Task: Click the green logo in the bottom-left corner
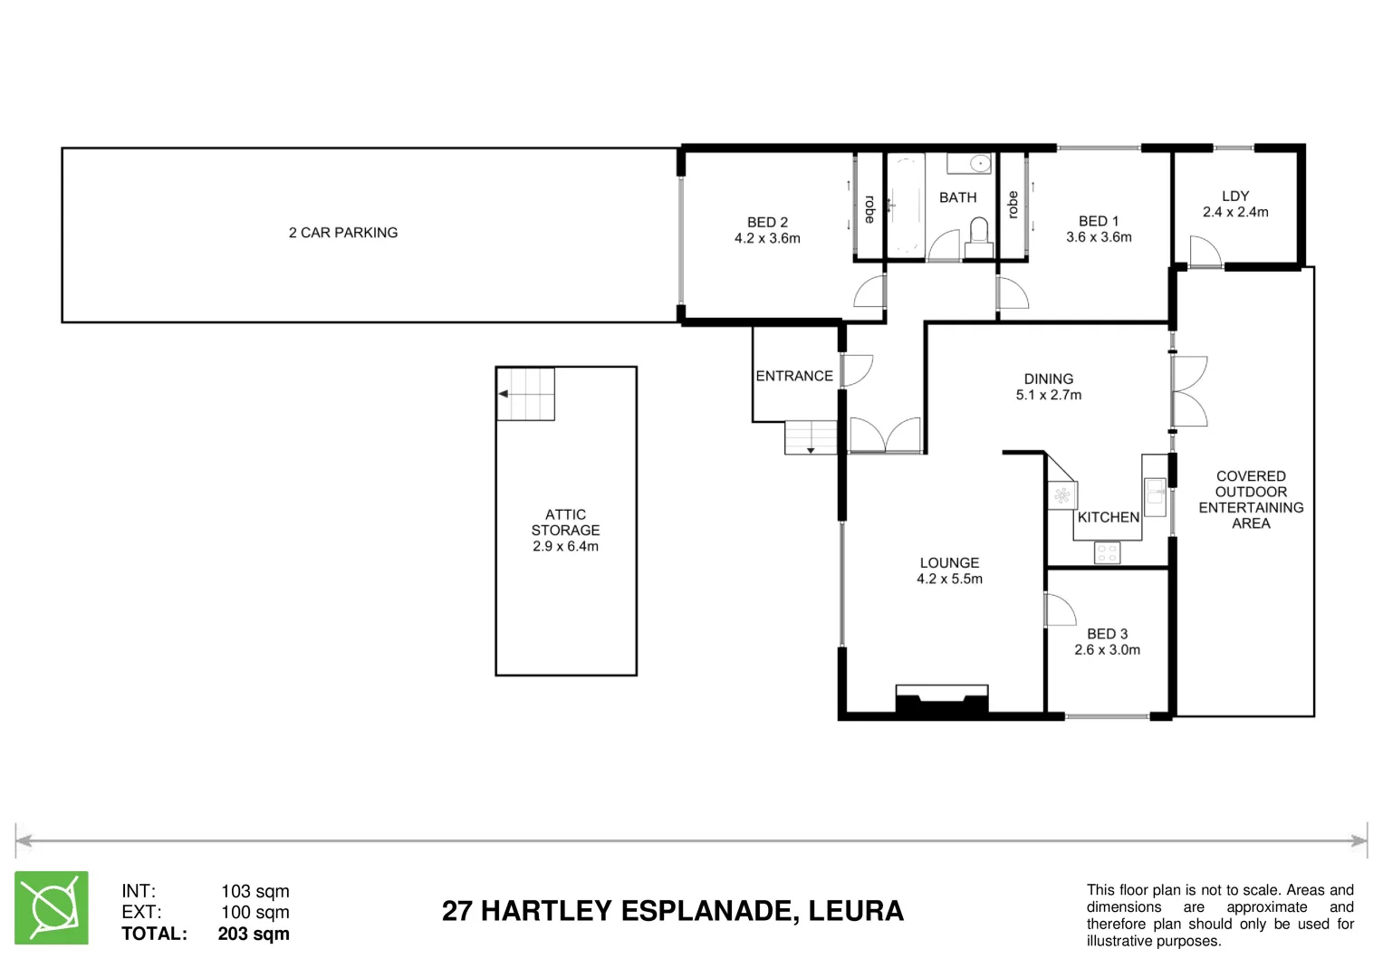point(52,907)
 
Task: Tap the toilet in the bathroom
point(977,240)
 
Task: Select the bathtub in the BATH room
point(904,206)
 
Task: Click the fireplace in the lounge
point(941,701)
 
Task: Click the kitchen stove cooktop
point(1107,552)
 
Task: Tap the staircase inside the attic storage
point(525,394)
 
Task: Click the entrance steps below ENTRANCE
point(811,437)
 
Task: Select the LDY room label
point(1234,196)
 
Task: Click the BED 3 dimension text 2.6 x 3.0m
point(1107,650)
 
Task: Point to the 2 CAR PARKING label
point(343,233)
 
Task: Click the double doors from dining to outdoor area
point(1188,391)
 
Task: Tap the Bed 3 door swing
point(1059,609)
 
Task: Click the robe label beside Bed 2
point(869,209)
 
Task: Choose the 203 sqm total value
point(254,934)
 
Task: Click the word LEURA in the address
point(856,911)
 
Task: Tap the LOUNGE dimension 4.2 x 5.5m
point(949,579)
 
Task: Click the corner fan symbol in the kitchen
point(1061,495)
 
